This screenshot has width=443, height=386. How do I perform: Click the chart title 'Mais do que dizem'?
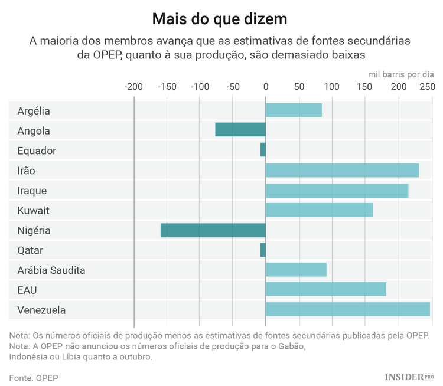click(x=220, y=19)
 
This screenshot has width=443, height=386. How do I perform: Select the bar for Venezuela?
click(x=347, y=310)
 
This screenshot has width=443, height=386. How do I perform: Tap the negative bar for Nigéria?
click(x=213, y=230)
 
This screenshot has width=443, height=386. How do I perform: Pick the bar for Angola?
click(x=240, y=130)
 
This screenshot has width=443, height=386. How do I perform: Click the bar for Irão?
click(x=342, y=171)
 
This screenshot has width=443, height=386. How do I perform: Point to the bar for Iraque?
click(x=337, y=191)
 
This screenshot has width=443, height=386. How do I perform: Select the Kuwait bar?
click(x=319, y=210)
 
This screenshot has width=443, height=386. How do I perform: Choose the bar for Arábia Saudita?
click(x=295, y=270)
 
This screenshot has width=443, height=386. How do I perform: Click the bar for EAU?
click(x=325, y=289)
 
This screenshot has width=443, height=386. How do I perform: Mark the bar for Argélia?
click(x=294, y=110)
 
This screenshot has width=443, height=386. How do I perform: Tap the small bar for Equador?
click(x=263, y=150)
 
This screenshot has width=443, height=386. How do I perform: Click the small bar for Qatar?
click(x=263, y=250)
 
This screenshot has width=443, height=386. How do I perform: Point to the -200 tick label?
click(x=133, y=87)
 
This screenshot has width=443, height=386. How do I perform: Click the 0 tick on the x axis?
click(x=266, y=87)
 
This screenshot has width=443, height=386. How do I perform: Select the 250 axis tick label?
click(x=427, y=87)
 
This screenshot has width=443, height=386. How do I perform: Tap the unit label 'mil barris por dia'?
click(x=401, y=74)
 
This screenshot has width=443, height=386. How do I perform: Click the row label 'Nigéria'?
click(x=34, y=231)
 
